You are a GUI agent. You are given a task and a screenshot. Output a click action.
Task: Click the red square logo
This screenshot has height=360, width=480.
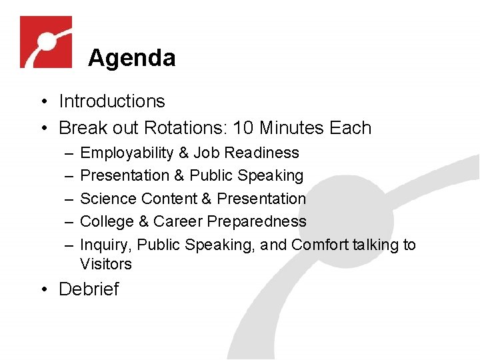click(45, 42)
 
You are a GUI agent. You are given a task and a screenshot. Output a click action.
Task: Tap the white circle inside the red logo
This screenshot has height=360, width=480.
click(46, 41)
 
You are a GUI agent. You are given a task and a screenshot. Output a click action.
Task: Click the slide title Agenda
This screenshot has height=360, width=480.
click(131, 58)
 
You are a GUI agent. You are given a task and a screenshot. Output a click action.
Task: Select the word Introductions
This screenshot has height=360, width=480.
click(111, 101)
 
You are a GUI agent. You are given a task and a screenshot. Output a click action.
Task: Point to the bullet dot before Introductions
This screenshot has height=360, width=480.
click(42, 102)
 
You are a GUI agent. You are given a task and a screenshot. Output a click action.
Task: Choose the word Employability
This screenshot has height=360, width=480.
click(126, 153)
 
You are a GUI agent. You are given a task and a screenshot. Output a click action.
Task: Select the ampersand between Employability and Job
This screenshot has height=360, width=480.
click(183, 153)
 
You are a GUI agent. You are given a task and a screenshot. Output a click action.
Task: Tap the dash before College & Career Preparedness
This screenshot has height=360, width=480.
click(70, 221)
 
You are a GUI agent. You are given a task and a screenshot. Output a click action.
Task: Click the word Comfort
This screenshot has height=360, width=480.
click(320, 245)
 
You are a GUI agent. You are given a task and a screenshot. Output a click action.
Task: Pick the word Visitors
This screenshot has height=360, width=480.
click(106, 264)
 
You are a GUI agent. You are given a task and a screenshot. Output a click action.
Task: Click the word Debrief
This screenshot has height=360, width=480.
click(89, 289)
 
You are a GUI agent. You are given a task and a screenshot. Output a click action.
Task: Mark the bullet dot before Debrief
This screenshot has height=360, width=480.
click(42, 290)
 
